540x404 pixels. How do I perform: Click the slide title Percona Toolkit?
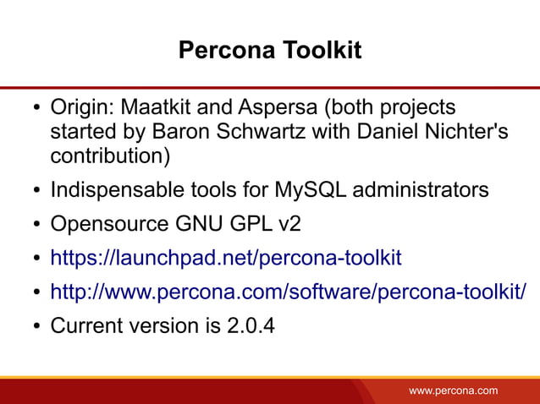tap(269, 51)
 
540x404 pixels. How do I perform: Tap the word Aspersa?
tap(274, 108)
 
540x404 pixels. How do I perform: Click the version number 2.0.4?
tap(251, 325)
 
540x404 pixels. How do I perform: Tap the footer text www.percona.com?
tap(454, 390)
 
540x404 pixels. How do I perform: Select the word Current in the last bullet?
tap(85, 325)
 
